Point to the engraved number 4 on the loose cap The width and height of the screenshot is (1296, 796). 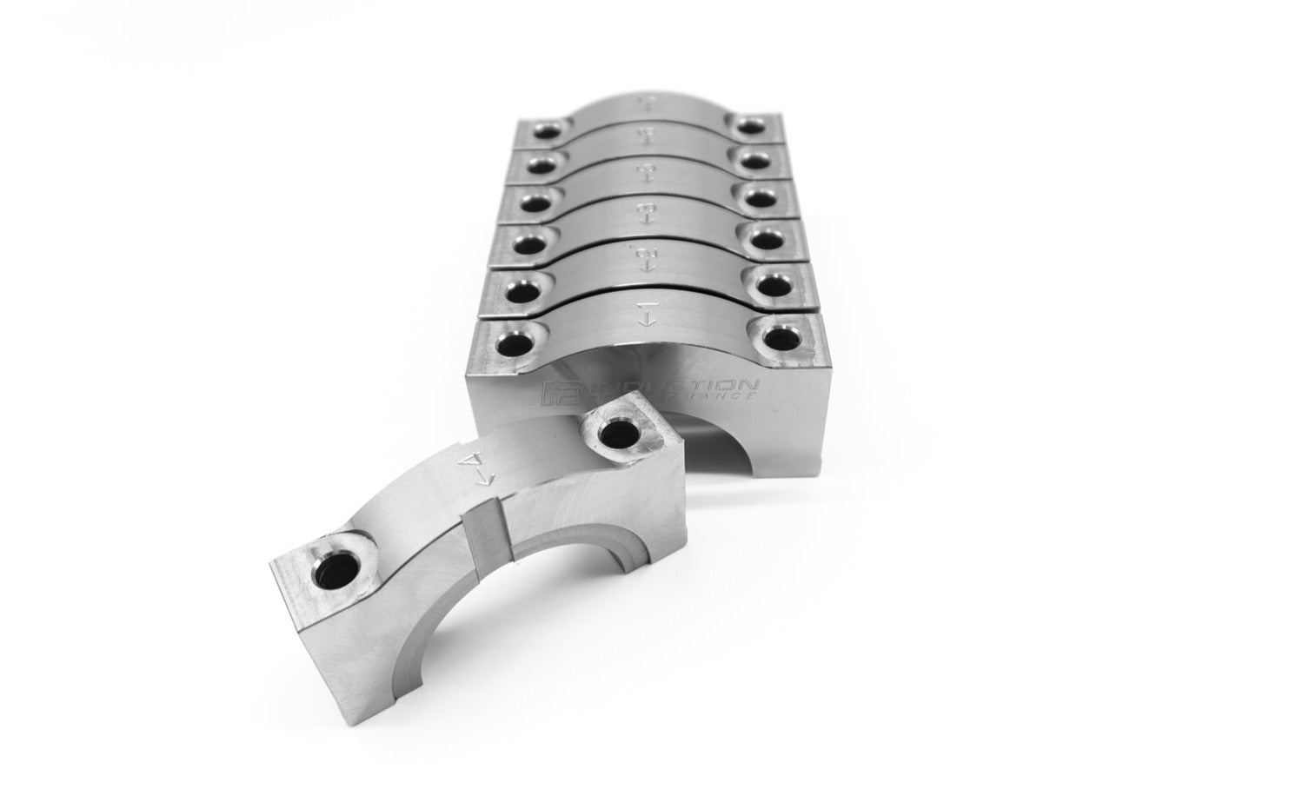473,459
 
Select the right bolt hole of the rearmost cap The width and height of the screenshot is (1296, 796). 748,127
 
